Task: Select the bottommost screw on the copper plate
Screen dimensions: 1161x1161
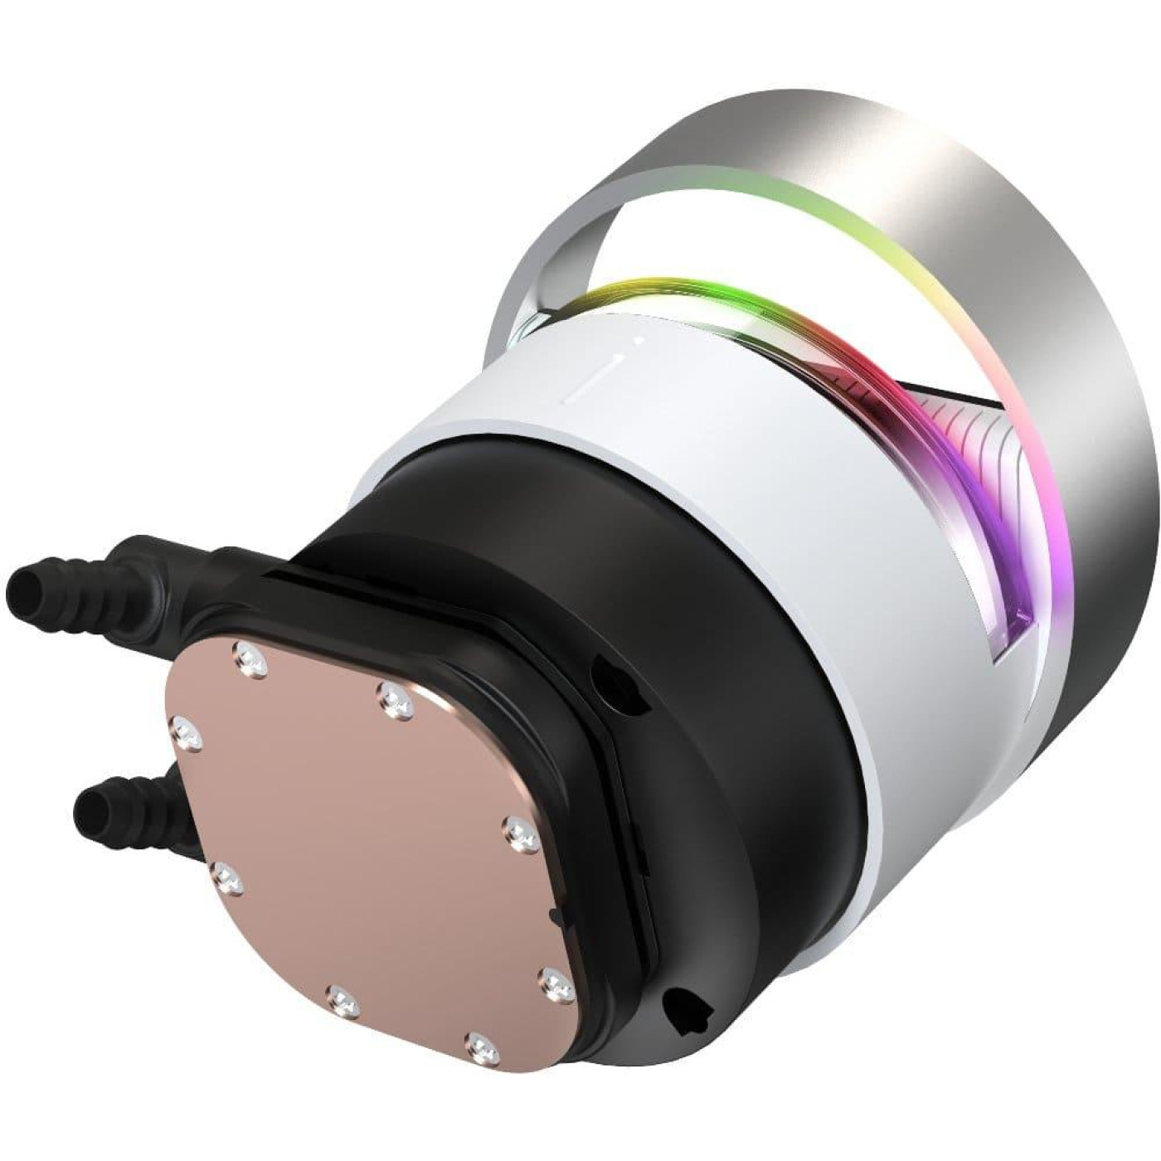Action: (x=482, y=1046)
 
